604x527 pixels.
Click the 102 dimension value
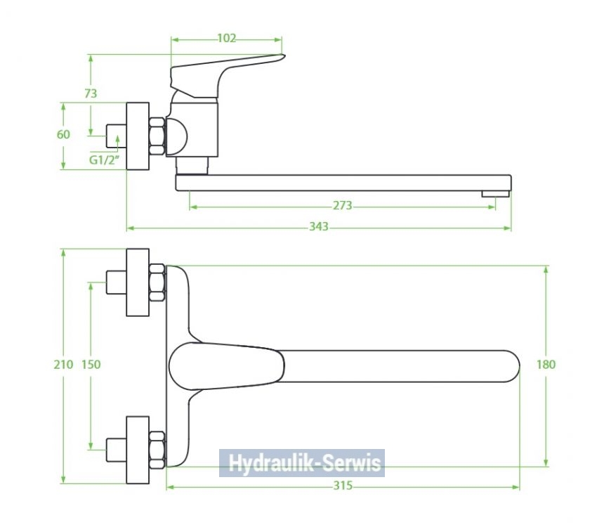coord(226,38)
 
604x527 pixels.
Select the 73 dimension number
coord(91,93)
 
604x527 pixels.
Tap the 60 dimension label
coord(63,134)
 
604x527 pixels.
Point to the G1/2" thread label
coord(103,160)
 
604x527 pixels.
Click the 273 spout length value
coord(343,206)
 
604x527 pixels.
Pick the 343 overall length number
coord(319,227)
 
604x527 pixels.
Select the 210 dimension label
coord(63,364)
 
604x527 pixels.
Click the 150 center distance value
coord(91,364)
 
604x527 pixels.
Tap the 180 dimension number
coord(546,364)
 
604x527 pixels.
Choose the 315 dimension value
coord(343,486)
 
